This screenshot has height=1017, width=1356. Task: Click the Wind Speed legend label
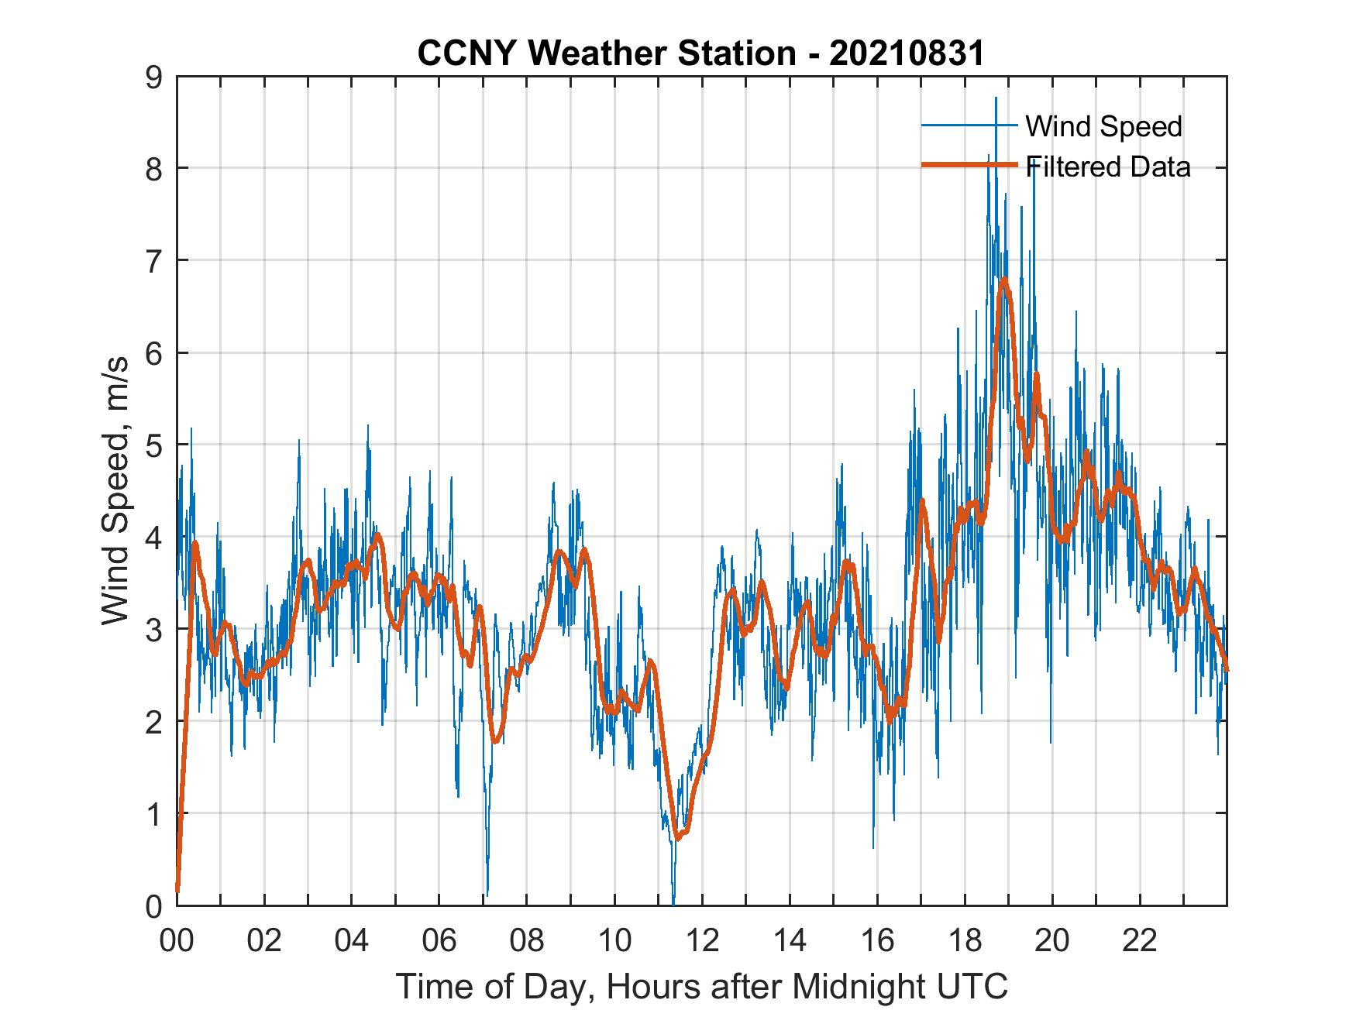[x=1103, y=126]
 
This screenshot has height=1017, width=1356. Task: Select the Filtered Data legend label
[x=1107, y=167]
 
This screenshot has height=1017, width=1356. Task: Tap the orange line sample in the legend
[x=969, y=165]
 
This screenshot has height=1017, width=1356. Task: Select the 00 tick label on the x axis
[x=177, y=941]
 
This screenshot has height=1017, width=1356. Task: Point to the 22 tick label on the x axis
[x=1140, y=941]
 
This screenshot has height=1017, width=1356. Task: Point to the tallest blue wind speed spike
[x=996, y=98]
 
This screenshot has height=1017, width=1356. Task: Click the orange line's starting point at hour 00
[x=177, y=891]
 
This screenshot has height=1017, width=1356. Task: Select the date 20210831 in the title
[x=907, y=53]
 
